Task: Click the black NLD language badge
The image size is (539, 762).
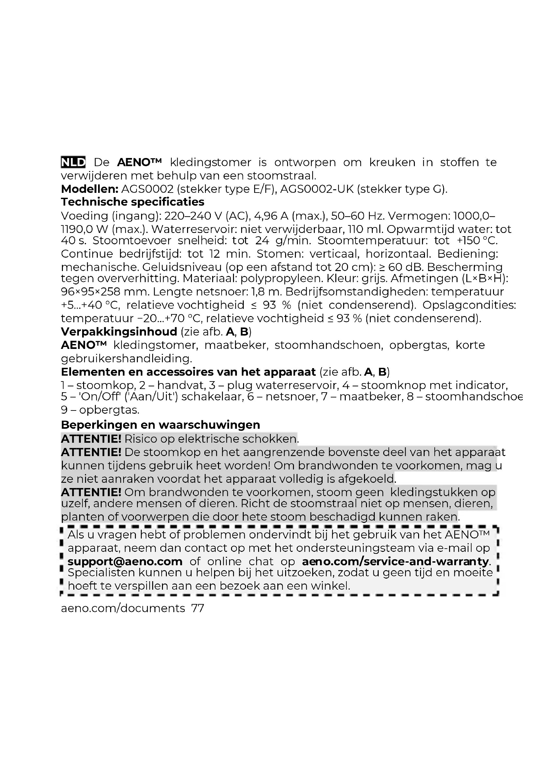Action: (x=73, y=162)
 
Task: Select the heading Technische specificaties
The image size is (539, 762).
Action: (x=132, y=202)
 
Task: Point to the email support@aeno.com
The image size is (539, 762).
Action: (x=125, y=561)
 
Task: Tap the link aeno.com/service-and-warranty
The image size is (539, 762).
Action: (x=395, y=561)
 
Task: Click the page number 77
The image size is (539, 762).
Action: (x=197, y=608)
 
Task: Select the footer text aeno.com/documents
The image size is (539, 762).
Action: (x=123, y=608)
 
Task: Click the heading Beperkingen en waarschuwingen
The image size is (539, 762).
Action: (x=160, y=425)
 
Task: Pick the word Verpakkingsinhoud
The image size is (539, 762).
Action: (x=119, y=332)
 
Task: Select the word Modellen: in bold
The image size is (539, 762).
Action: (x=90, y=189)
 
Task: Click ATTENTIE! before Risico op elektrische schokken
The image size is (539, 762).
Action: (x=91, y=439)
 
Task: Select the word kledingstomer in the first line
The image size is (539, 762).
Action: (x=211, y=162)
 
